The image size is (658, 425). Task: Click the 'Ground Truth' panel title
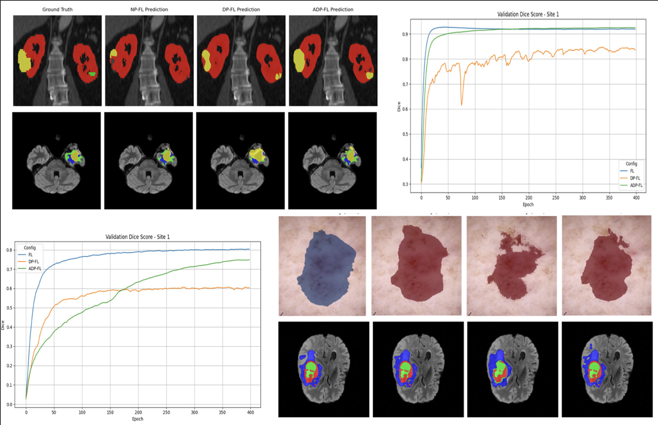(x=57, y=10)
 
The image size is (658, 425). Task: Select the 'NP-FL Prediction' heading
(x=149, y=10)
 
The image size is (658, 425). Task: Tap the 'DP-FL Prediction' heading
(x=241, y=10)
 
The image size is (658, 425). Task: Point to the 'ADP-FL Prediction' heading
(x=333, y=10)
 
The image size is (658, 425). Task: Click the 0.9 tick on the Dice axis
(x=405, y=34)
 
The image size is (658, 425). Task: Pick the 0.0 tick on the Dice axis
(x=9, y=404)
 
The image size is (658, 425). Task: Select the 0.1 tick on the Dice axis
(x=9, y=385)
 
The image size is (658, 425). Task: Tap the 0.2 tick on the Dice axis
(x=9, y=366)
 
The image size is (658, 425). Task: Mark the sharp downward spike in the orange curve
(x=462, y=104)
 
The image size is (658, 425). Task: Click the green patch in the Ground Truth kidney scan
(x=92, y=74)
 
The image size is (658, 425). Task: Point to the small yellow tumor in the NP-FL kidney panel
(x=114, y=54)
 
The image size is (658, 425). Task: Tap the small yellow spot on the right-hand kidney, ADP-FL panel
(x=369, y=75)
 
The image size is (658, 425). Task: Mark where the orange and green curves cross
(x=121, y=290)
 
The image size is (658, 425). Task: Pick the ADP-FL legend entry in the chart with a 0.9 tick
(x=636, y=185)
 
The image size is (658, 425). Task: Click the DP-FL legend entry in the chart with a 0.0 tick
(x=34, y=262)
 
